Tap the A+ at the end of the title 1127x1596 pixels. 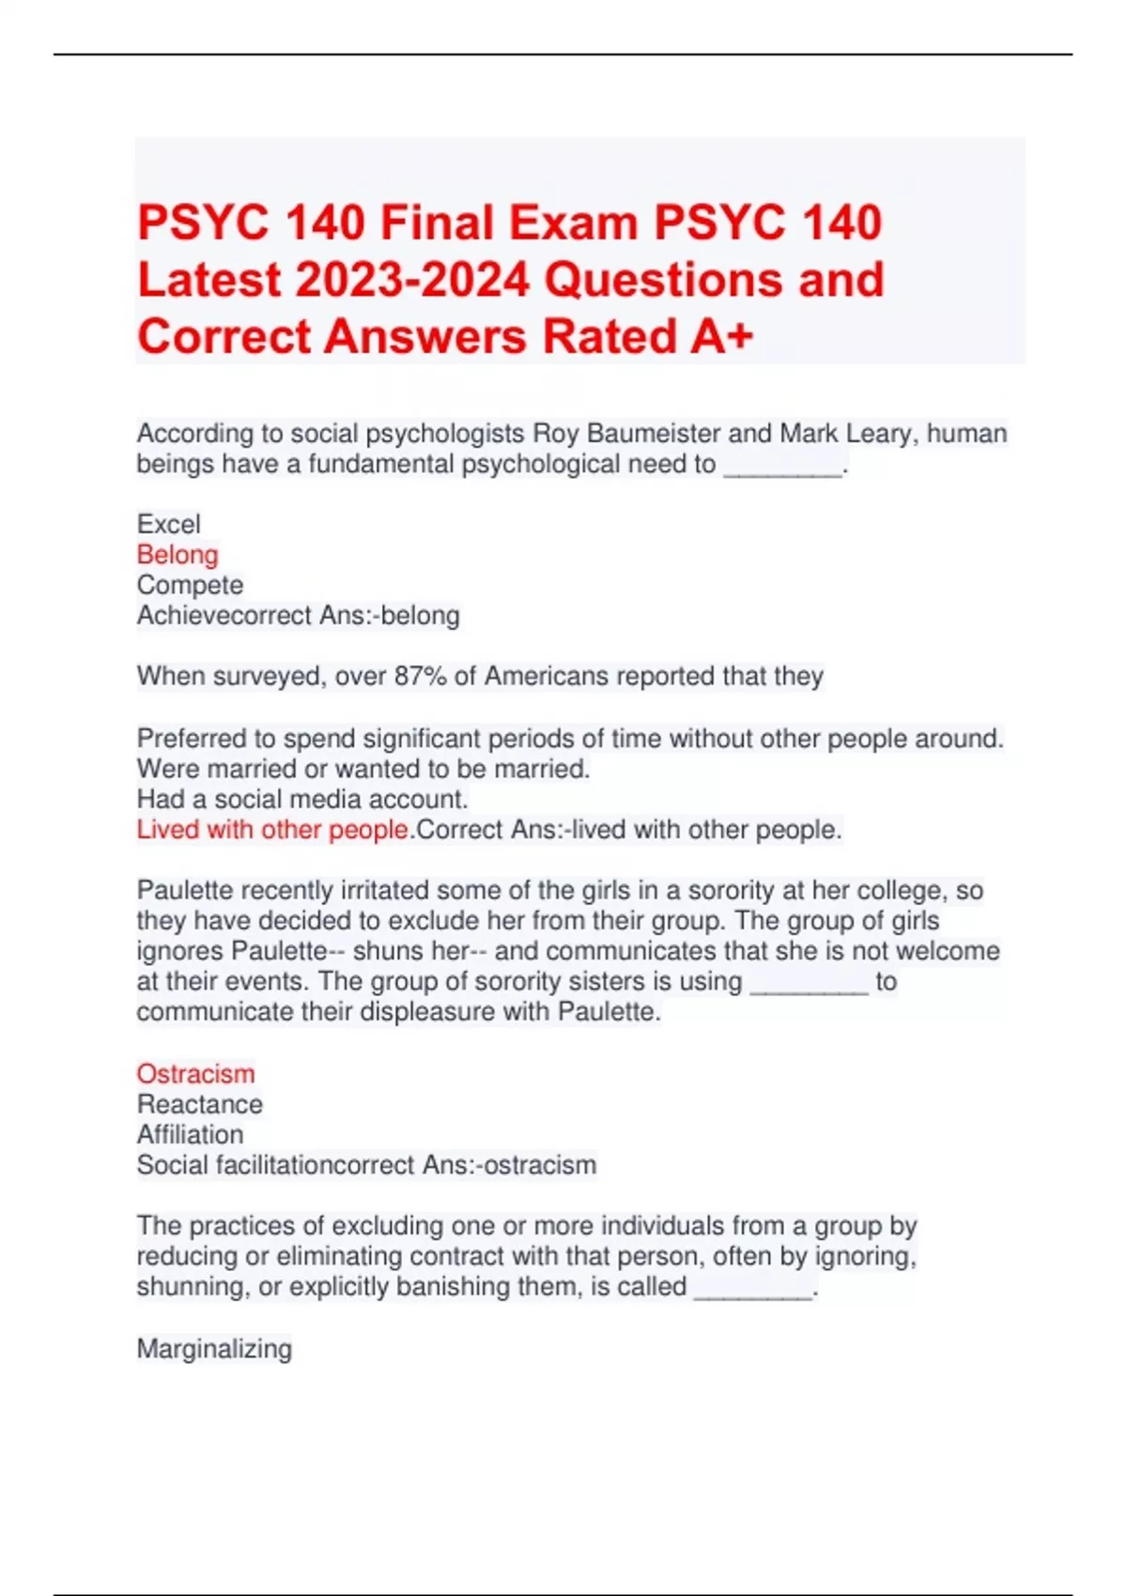tap(721, 336)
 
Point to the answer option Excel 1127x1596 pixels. tap(168, 524)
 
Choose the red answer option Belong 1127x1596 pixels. tap(178, 555)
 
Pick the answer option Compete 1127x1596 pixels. tap(190, 585)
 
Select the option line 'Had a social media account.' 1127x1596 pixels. tap(301, 799)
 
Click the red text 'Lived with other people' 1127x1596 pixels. tap(272, 830)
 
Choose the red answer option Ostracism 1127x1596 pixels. tap(195, 1073)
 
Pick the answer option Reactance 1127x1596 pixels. tap(199, 1104)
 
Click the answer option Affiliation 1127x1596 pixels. tap(190, 1134)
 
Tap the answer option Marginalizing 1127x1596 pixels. tap(214, 1348)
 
